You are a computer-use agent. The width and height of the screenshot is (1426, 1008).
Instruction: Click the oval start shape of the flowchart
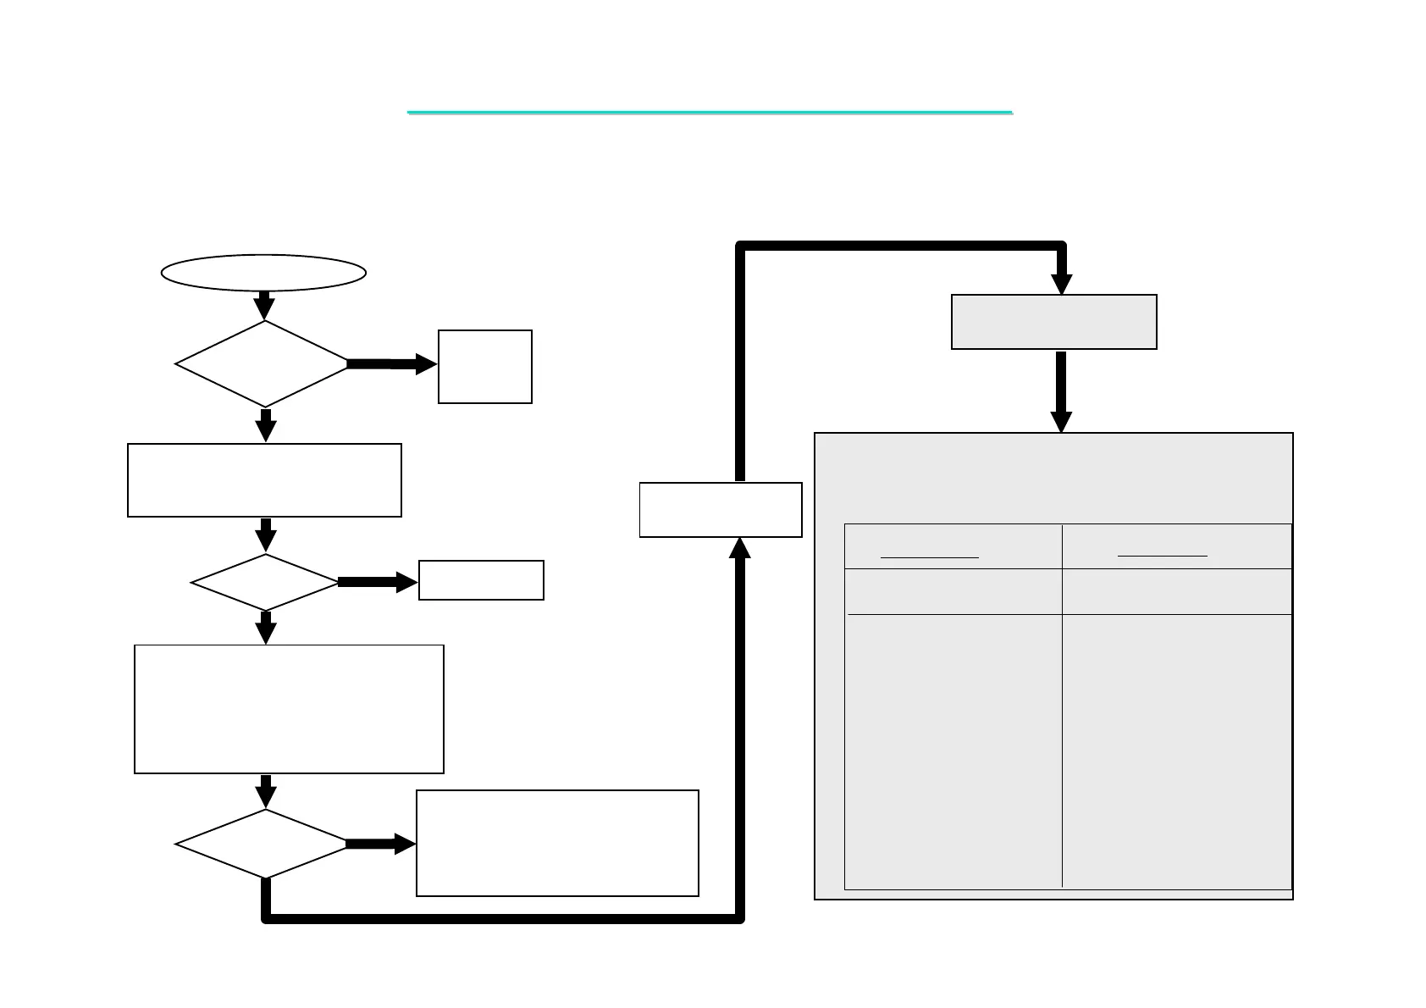tap(263, 273)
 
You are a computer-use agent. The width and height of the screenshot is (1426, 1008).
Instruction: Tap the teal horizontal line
tap(710, 112)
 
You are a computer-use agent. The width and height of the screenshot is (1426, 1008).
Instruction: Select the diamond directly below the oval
tap(263, 363)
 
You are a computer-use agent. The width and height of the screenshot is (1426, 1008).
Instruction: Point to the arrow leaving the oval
tap(264, 305)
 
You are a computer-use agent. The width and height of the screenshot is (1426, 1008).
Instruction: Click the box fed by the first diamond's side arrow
tap(484, 367)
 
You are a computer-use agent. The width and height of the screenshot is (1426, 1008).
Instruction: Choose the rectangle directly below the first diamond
tap(264, 479)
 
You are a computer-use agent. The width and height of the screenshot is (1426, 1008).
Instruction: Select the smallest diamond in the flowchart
tap(265, 582)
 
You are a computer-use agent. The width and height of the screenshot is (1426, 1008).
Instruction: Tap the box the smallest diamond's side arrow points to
tap(481, 580)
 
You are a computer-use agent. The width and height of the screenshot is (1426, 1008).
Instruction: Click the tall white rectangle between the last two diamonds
tap(289, 709)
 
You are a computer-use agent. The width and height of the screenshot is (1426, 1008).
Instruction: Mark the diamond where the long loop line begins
tap(263, 844)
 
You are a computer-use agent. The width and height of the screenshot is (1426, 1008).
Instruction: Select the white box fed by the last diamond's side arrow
tap(557, 843)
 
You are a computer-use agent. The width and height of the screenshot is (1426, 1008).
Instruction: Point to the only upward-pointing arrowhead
tap(740, 549)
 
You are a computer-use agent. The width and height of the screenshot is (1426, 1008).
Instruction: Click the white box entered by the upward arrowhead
tap(721, 509)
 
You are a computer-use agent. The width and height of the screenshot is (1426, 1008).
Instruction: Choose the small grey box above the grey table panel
tap(1053, 322)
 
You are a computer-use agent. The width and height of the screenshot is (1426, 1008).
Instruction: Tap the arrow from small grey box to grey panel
tap(1061, 391)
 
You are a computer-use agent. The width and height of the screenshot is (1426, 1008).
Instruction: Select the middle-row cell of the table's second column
tap(1176, 591)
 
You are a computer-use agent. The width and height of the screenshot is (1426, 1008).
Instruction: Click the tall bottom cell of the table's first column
tap(953, 750)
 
